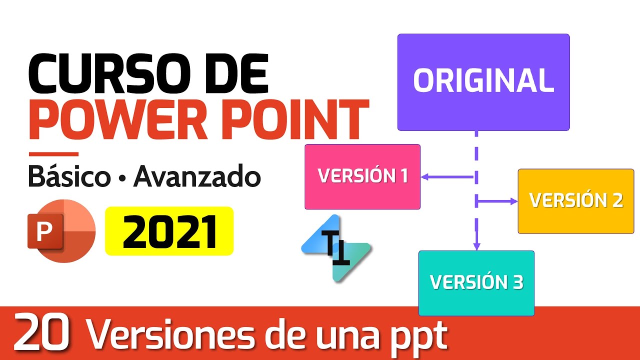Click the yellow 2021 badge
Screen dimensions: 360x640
pos(169,231)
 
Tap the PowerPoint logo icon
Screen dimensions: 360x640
pos(61,231)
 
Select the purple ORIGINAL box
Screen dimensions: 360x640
pos(483,82)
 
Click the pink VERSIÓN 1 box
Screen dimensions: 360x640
pos(362,176)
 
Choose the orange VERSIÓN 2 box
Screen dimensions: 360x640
pos(575,201)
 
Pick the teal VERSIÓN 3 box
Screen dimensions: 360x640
pos(476,283)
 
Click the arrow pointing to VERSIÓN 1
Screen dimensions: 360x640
pos(446,176)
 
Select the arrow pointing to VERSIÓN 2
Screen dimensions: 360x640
pos(497,201)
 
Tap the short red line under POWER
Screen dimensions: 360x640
pos(53,154)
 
